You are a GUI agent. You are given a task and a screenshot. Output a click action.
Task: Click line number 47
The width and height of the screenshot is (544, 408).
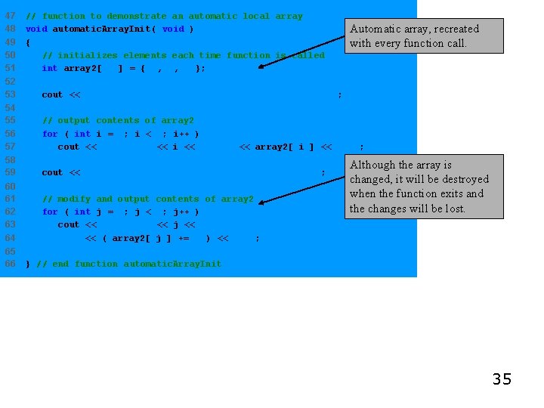pos(10,16)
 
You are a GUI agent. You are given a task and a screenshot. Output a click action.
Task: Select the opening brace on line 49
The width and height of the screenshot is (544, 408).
pos(28,42)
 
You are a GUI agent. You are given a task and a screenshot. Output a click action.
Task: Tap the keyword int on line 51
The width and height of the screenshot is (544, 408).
pos(49,68)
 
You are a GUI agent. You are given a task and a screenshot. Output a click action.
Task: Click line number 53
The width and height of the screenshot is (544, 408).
pos(10,94)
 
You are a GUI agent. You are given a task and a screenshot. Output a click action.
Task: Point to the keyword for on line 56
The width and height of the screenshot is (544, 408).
pos(50,134)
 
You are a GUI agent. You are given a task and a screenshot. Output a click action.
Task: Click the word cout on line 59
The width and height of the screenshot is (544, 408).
pos(52,173)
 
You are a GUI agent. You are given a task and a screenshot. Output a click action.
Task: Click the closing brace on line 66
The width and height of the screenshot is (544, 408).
pos(28,264)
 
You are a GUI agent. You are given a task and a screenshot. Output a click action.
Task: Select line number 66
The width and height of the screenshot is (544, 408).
pos(10,264)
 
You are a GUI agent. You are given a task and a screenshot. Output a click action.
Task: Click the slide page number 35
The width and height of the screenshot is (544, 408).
pos(502,379)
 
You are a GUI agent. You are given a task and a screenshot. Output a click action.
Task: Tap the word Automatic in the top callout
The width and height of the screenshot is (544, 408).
pos(375,29)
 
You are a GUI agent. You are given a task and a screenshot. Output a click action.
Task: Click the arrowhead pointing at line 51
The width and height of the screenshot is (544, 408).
pos(261,66)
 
